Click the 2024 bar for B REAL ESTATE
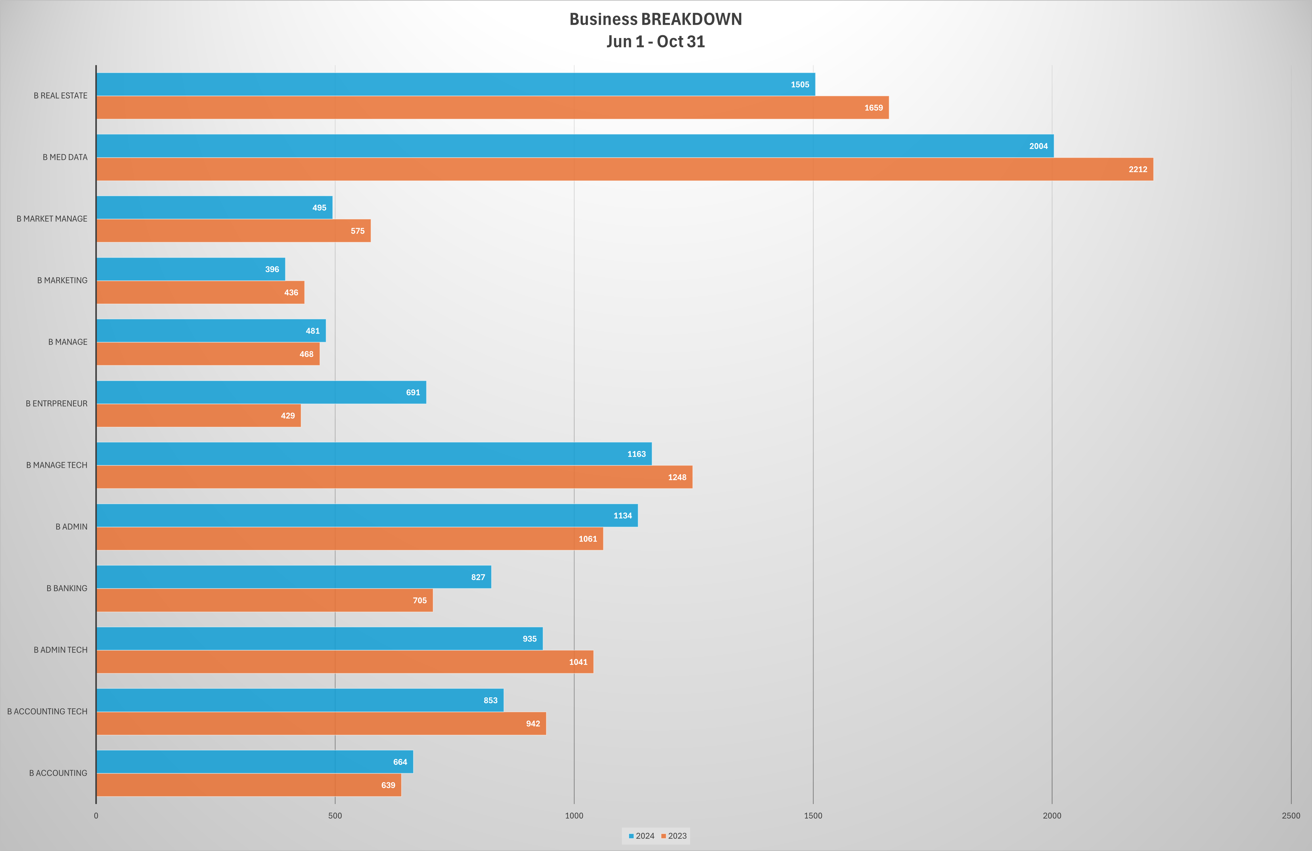(x=455, y=84)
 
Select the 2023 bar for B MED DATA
(x=624, y=169)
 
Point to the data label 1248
(x=677, y=477)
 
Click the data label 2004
(x=1038, y=146)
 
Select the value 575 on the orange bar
(x=357, y=231)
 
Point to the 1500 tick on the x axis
(x=812, y=816)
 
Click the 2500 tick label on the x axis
(x=1291, y=816)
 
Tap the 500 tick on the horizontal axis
(x=335, y=816)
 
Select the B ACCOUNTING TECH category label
(x=47, y=711)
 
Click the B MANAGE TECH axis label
(x=57, y=465)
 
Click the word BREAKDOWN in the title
(x=691, y=19)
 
